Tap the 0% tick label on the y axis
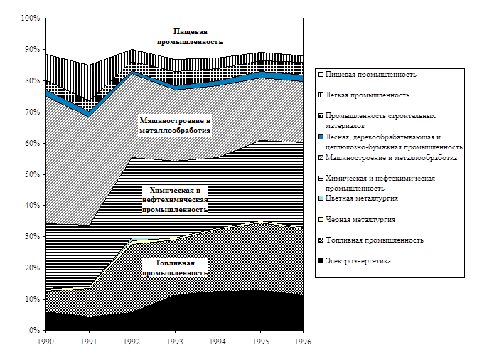[x=33, y=331]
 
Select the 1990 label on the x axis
[x=45, y=341]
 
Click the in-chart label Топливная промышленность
[x=175, y=268]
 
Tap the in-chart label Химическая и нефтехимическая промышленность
[x=175, y=200]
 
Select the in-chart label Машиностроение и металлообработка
[x=175, y=126]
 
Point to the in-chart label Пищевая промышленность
[x=191, y=36]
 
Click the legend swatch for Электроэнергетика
[x=321, y=262]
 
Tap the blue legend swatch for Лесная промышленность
[x=321, y=137]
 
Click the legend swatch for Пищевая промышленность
[x=321, y=74]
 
